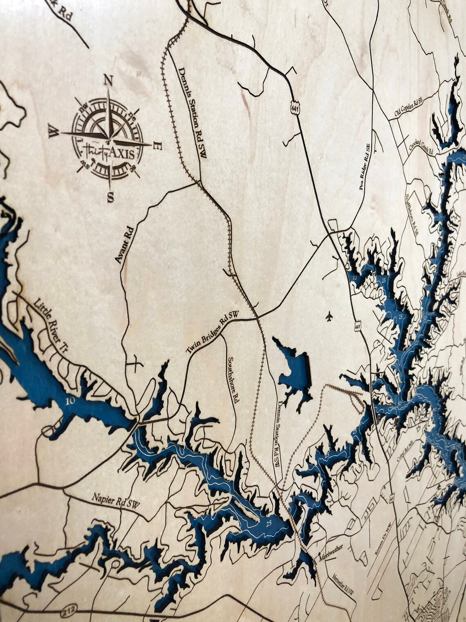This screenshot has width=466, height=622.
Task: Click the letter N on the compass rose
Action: [108, 80]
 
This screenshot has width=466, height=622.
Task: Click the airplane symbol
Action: [329, 316]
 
